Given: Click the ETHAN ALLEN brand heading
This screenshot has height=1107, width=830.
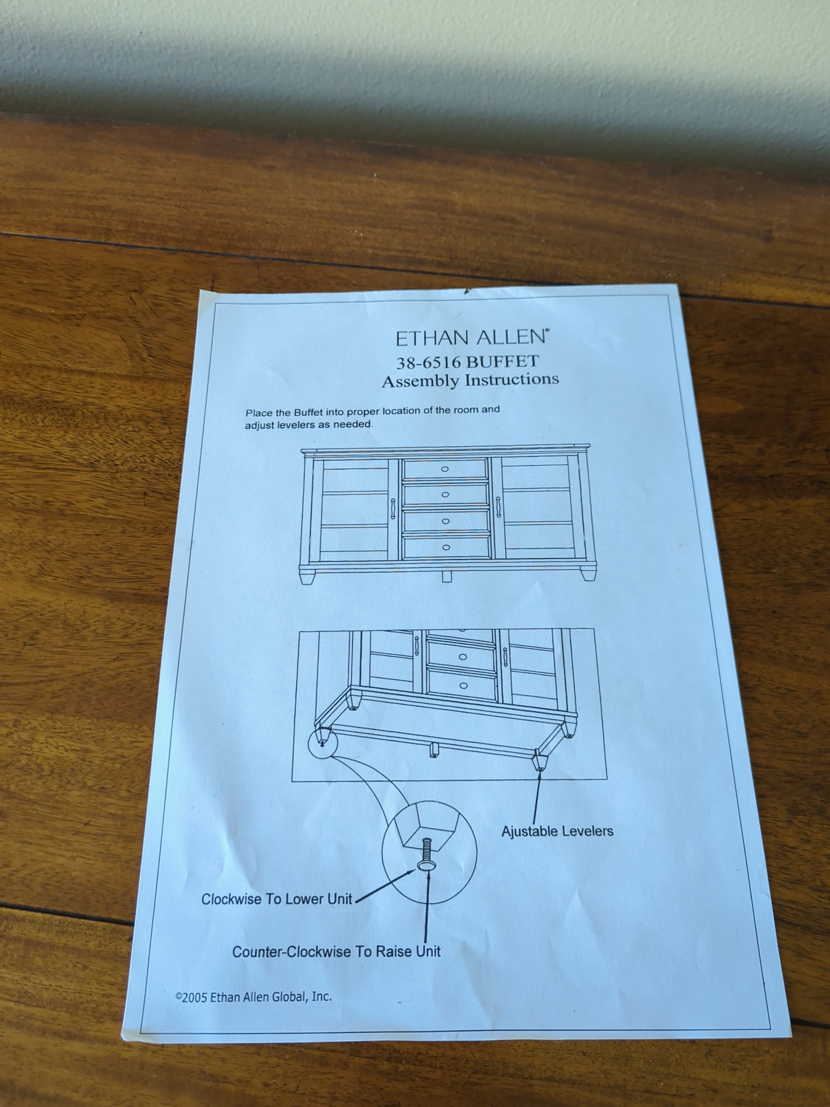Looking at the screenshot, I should pos(471,337).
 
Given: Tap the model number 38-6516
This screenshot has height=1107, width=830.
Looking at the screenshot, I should pos(428,363).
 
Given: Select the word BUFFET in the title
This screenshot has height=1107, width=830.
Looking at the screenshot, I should pos(502,361).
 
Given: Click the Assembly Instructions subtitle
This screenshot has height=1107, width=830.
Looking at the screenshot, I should pos(470,380).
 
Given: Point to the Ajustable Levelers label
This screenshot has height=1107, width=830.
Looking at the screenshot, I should pos(557,831).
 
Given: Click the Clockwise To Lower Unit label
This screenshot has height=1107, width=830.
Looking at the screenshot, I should pos(277,899).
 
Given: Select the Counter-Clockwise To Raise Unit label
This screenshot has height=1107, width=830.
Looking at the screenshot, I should pos(336,951).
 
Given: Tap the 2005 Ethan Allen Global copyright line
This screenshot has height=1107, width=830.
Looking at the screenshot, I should pos(253,997).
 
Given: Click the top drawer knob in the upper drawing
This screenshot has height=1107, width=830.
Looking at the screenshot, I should pos(445,469).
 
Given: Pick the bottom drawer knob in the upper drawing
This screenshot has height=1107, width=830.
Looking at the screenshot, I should pos(445,547).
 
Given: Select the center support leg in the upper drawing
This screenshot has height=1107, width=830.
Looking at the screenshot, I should pos(447,576).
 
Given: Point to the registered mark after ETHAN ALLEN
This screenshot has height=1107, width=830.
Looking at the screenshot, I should pos(548,330).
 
